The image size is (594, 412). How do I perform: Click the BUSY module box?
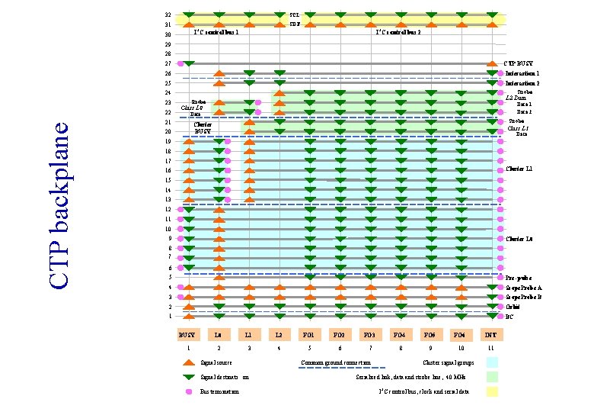187,334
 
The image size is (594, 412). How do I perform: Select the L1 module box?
248,334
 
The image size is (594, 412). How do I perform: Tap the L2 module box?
279,334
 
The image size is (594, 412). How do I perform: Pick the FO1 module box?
309,334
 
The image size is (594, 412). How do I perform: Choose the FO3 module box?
369,334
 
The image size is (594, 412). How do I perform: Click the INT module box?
491,334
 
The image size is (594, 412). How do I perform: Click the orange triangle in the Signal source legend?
189,362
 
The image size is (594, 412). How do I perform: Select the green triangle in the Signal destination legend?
189,377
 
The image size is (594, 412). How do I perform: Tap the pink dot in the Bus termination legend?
189,391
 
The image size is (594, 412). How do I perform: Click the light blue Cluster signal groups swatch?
491,362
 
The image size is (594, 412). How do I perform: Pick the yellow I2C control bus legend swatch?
491,391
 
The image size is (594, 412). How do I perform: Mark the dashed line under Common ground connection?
336,369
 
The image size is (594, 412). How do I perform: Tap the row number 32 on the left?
168,14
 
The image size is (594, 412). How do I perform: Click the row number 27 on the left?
168,63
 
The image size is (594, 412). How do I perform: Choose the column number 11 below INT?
491,348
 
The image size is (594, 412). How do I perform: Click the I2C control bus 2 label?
398,33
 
